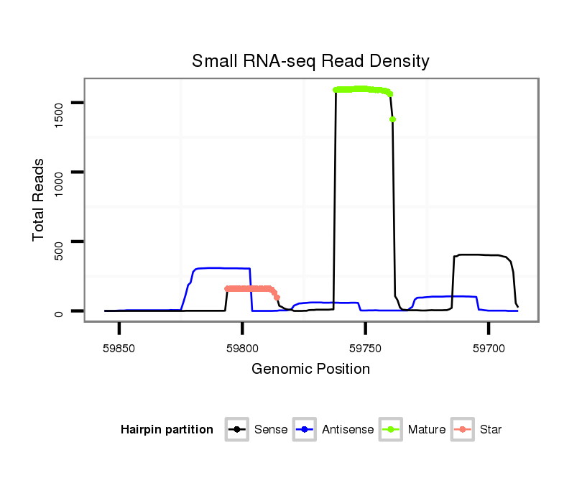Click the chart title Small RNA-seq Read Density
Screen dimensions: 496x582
pos(310,61)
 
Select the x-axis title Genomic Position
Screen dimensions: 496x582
pos(310,369)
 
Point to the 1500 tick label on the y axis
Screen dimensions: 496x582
pos(60,104)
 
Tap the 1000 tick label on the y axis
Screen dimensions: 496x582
pos(60,173)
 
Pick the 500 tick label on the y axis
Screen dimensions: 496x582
pos(60,242)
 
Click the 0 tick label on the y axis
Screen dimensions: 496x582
pos(60,311)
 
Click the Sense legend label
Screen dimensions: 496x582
pos(271,430)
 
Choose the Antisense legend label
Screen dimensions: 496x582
pos(348,430)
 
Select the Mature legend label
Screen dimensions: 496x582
pos(427,430)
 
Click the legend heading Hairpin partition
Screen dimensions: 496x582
pos(167,430)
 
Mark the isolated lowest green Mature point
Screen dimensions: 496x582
pos(393,119)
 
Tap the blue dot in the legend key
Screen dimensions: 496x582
pos(306,430)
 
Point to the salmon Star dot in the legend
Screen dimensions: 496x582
pos(463,430)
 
